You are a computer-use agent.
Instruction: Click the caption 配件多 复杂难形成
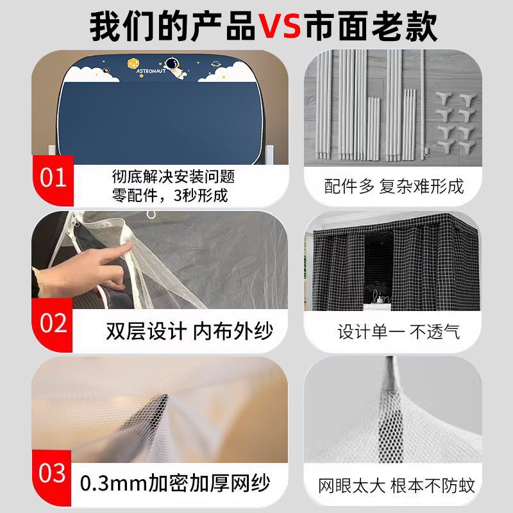(394, 186)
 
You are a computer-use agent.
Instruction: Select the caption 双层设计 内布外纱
(189, 332)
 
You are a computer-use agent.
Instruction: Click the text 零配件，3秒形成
(169, 194)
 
